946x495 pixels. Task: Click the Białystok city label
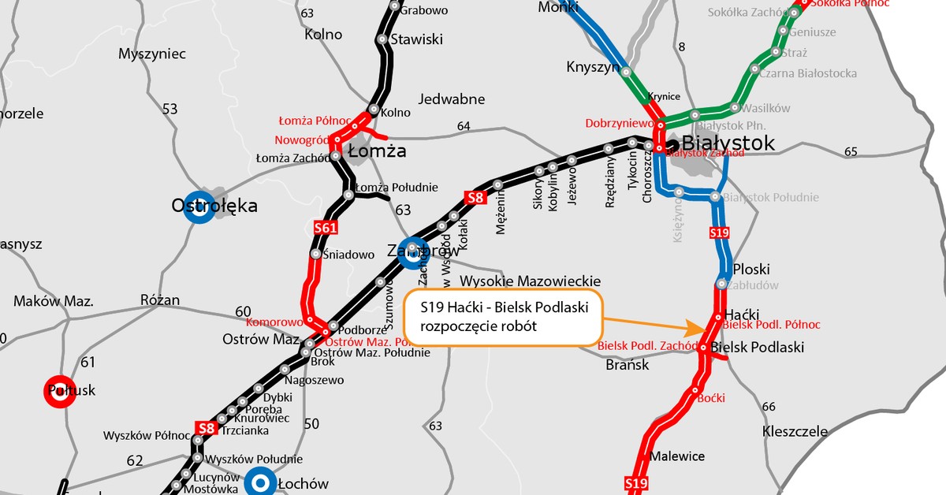pos(728,143)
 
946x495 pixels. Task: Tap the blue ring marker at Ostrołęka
pos(200,207)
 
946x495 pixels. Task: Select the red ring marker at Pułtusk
pos(60,392)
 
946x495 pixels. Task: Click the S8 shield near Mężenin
pos(474,198)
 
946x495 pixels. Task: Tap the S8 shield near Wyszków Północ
pos(206,429)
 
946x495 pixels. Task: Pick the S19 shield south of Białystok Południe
pos(719,233)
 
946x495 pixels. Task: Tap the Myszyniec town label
pos(151,54)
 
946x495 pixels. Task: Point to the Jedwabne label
pos(452,99)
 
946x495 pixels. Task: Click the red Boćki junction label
pos(711,399)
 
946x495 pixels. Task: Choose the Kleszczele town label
pos(795,431)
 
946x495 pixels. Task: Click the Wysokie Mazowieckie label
pos(530,281)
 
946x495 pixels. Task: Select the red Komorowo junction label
pos(275,322)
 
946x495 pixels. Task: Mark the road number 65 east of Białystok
pos(851,151)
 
